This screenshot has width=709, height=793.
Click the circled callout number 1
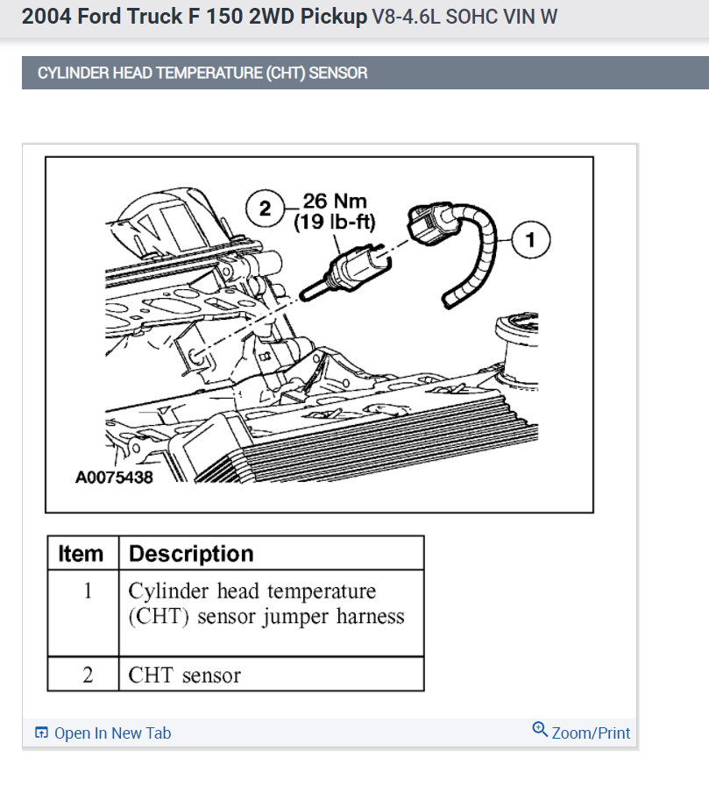[528, 238]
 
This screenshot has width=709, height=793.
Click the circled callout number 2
[264, 208]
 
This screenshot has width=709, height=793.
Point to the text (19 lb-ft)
[335, 222]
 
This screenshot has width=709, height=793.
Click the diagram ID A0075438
[114, 478]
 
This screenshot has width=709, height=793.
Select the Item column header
[81, 554]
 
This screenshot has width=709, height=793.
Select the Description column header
[191, 554]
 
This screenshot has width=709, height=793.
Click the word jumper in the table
[289, 616]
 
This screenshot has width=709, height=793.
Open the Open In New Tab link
[112, 733]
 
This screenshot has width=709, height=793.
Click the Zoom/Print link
[591, 733]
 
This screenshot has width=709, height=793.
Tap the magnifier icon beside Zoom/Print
[540, 730]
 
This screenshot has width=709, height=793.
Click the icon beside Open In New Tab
[41, 733]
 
